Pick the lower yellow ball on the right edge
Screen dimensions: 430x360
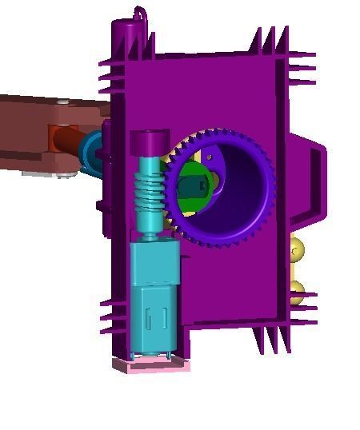[296, 292]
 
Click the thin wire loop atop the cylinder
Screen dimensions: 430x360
[142, 14]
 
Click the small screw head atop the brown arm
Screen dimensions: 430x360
[62, 102]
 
